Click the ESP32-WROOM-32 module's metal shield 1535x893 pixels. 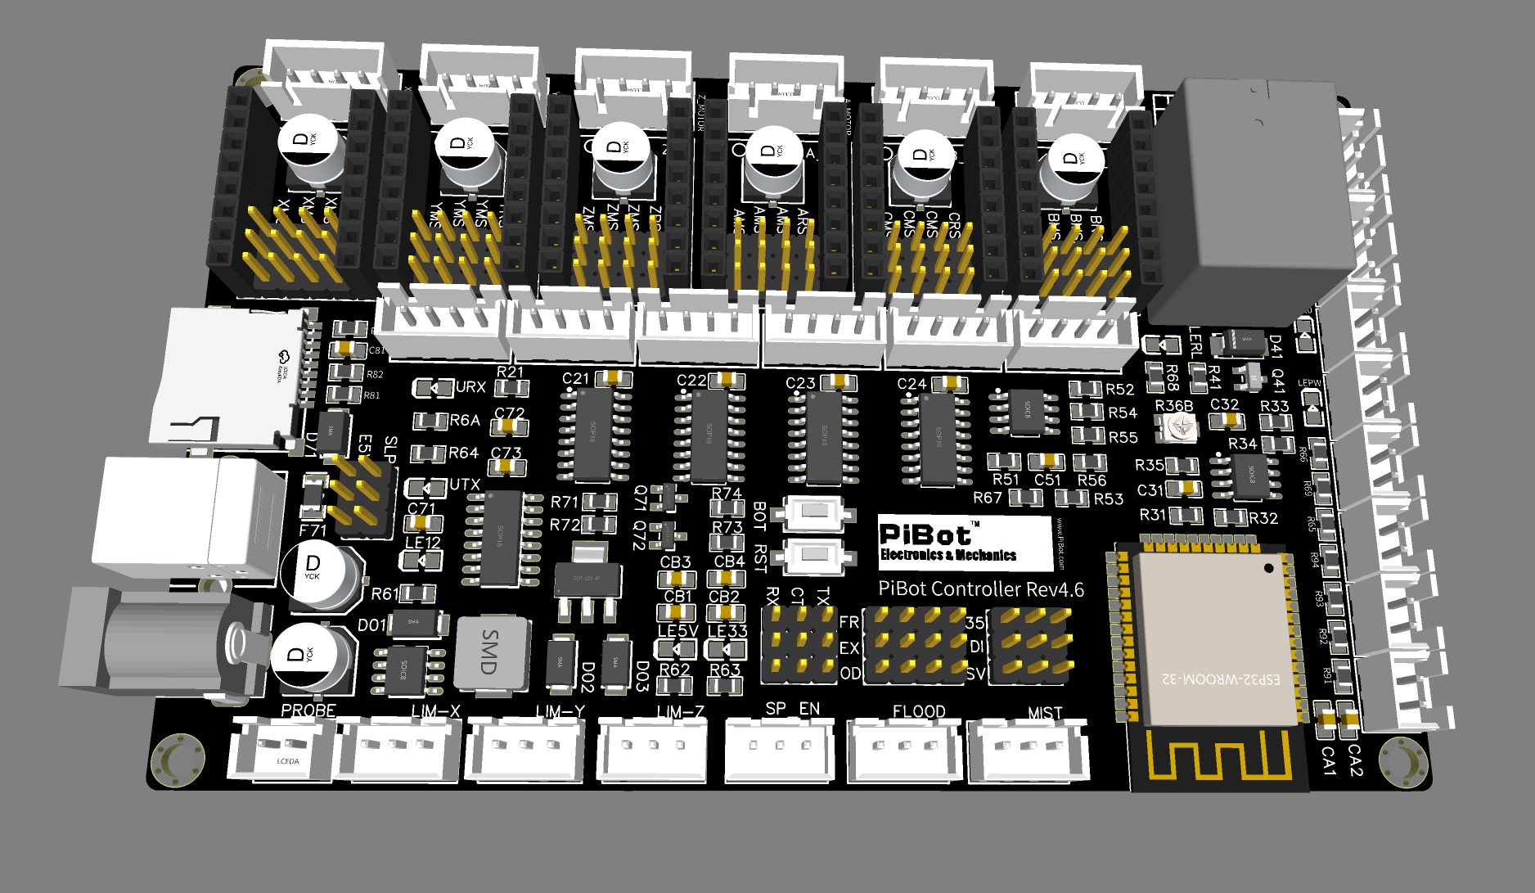[x=1215, y=638]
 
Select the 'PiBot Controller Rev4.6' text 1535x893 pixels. [x=981, y=589]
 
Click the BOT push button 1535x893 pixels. [x=815, y=512]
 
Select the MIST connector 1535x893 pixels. [x=1029, y=750]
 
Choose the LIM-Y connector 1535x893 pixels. [x=526, y=750]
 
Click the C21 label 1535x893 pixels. [x=575, y=379]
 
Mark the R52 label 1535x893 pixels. [x=1120, y=390]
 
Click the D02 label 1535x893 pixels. [x=587, y=676]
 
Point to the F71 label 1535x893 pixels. [x=313, y=530]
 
